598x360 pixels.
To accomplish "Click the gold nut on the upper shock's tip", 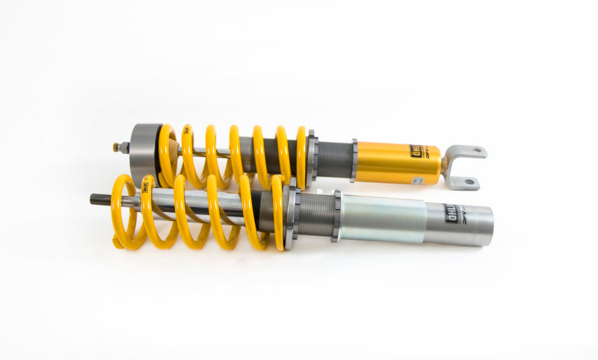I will tap(117, 148).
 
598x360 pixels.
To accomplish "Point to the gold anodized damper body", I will tap(396, 163).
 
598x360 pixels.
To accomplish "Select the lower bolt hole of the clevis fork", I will tap(469, 181).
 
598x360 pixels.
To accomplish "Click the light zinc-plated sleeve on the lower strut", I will tap(381, 220).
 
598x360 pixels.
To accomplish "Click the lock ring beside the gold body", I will tap(354, 161).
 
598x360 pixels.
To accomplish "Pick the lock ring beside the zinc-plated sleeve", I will tap(336, 216).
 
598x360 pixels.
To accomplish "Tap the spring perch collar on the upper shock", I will tap(311, 158).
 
